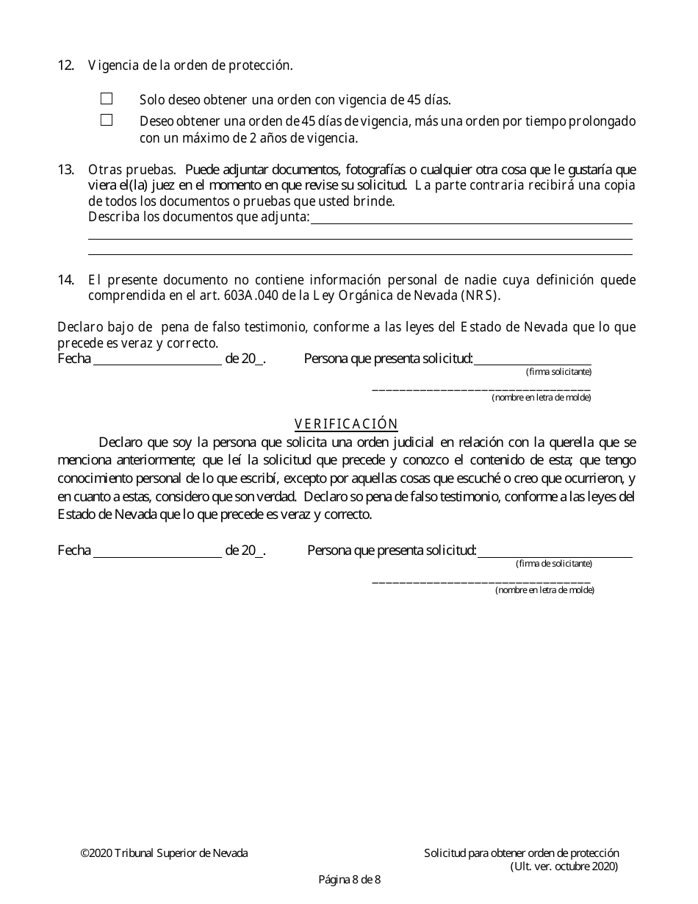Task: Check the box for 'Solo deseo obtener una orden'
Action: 107,98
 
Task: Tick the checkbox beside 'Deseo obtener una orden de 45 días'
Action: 107,120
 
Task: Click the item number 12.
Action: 65,65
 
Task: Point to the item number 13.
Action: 65,169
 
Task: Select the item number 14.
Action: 65,279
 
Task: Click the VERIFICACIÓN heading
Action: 346,424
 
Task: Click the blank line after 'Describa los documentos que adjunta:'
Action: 471,218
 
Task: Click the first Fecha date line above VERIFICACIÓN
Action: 157,359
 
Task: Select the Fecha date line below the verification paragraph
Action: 157,551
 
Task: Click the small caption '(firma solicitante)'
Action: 558,372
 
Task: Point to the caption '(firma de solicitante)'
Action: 554,564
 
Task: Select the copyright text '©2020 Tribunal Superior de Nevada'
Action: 164,853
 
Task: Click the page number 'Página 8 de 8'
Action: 349,879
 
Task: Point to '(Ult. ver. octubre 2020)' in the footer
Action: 564,866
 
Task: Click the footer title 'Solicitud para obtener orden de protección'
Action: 522,853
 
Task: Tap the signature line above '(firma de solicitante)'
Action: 555,552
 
